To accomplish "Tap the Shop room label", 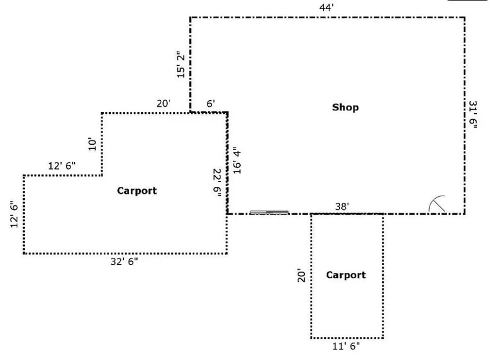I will pyautogui.click(x=345, y=107).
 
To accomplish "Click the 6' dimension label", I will pyautogui.click(x=210, y=103).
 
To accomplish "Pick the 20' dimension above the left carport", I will pyautogui.click(x=164, y=103).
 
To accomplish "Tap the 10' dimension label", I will pyautogui.click(x=92, y=144).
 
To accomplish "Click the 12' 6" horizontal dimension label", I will pyautogui.click(x=62, y=166).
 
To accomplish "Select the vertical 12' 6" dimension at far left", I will pyautogui.click(x=15, y=215).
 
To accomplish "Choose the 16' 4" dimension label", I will pyautogui.click(x=237, y=160).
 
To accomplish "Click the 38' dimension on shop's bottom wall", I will pyautogui.click(x=341, y=206).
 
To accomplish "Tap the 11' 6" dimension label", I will pyautogui.click(x=347, y=345).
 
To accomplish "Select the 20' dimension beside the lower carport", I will pyautogui.click(x=302, y=276).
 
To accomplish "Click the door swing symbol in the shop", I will pyautogui.click(x=437, y=204).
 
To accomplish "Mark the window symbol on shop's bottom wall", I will pyautogui.click(x=269, y=212).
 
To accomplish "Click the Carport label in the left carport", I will pyautogui.click(x=137, y=190).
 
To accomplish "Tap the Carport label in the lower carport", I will pyautogui.click(x=346, y=275).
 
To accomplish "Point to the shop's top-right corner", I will pyautogui.click(x=464, y=17).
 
